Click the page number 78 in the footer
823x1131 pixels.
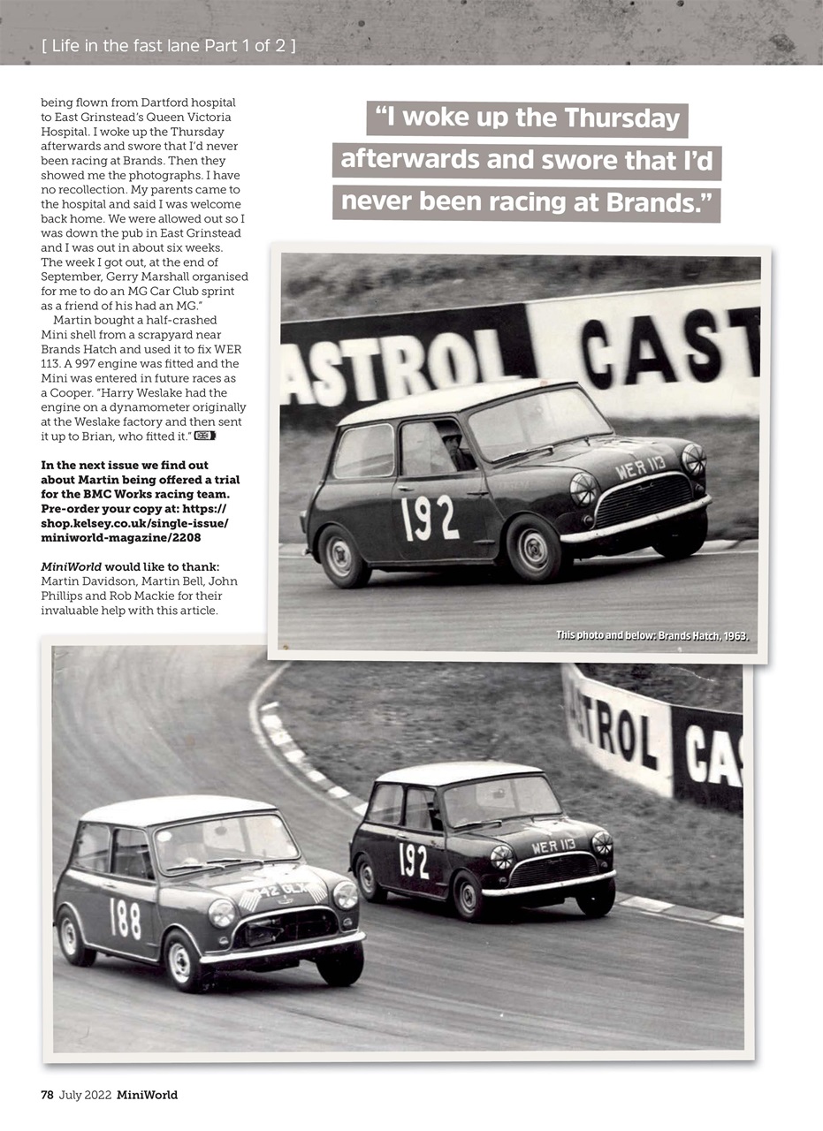click(x=48, y=1095)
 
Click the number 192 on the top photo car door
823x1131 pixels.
click(x=430, y=518)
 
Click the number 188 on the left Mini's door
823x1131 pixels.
click(x=125, y=917)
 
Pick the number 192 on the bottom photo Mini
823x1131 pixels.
click(x=414, y=860)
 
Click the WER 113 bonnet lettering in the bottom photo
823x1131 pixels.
click(x=553, y=846)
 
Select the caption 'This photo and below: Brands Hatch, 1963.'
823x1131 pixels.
click(x=652, y=635)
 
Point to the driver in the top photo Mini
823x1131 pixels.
click(x=454, y=447)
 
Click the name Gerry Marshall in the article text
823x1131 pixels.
click(x=121, y=276)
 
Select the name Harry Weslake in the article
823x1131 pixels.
click(x=124, y=392)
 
